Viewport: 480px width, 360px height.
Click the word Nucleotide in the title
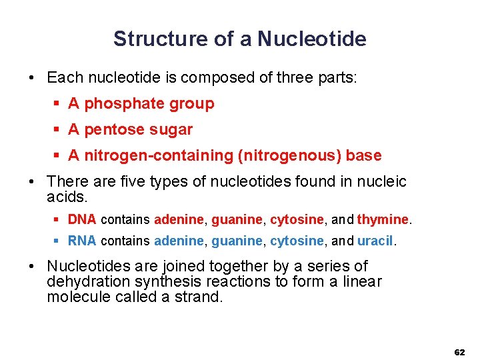click(x=311, y=39)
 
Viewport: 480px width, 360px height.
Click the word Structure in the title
click(x=161, y=39)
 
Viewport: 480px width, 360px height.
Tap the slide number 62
click(x=459, y=351)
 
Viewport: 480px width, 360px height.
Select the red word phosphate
click(x=125, y=104)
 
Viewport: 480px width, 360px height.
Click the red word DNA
click(x=83, y=219)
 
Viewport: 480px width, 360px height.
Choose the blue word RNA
click(x=83, y=241)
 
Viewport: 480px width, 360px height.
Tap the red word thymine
click(x=383, y=219)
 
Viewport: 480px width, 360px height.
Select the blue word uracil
click(x=375, y=241)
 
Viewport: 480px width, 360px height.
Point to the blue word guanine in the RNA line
click(x=237, y=241)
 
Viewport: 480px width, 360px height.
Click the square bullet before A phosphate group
click(x=57, y=104)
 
